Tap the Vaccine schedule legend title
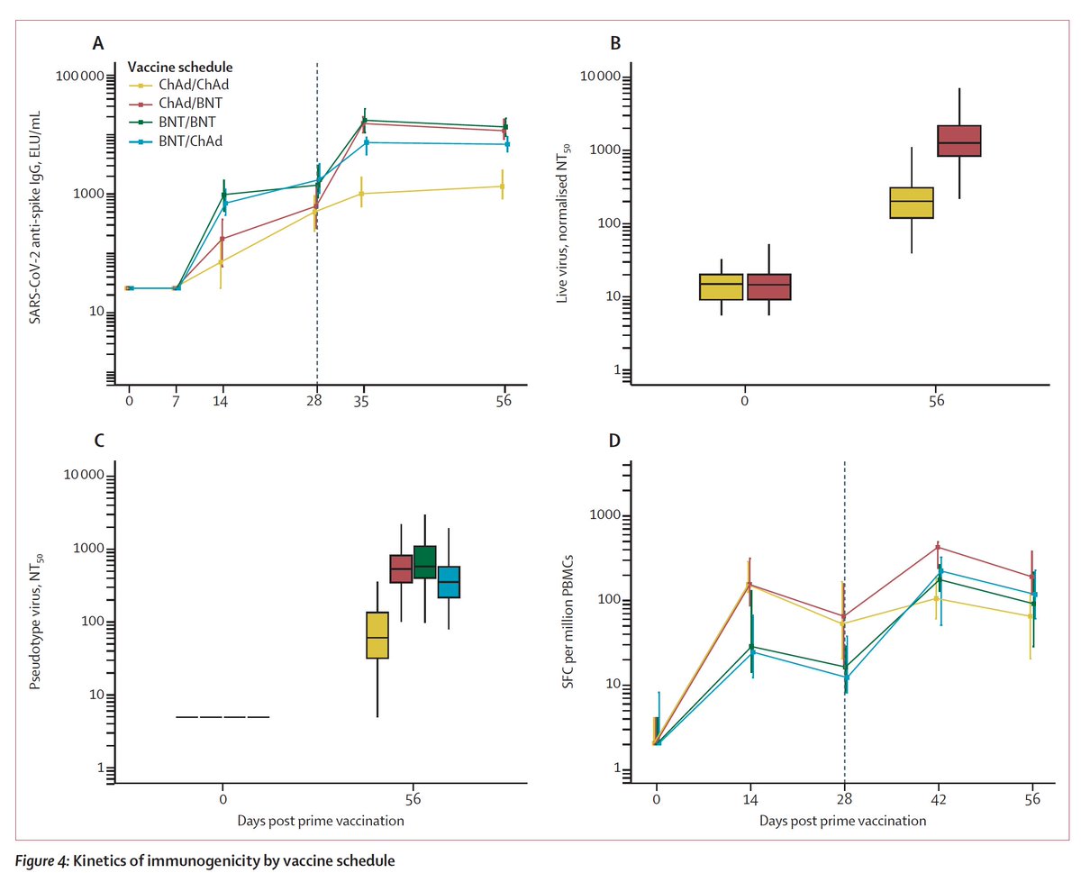180,68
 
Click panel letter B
615,41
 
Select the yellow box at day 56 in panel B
912,203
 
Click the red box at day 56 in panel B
958,141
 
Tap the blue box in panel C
449,582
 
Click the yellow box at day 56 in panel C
377,635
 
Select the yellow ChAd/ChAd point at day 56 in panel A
502,186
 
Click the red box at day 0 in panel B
768,286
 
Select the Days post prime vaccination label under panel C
320,821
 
